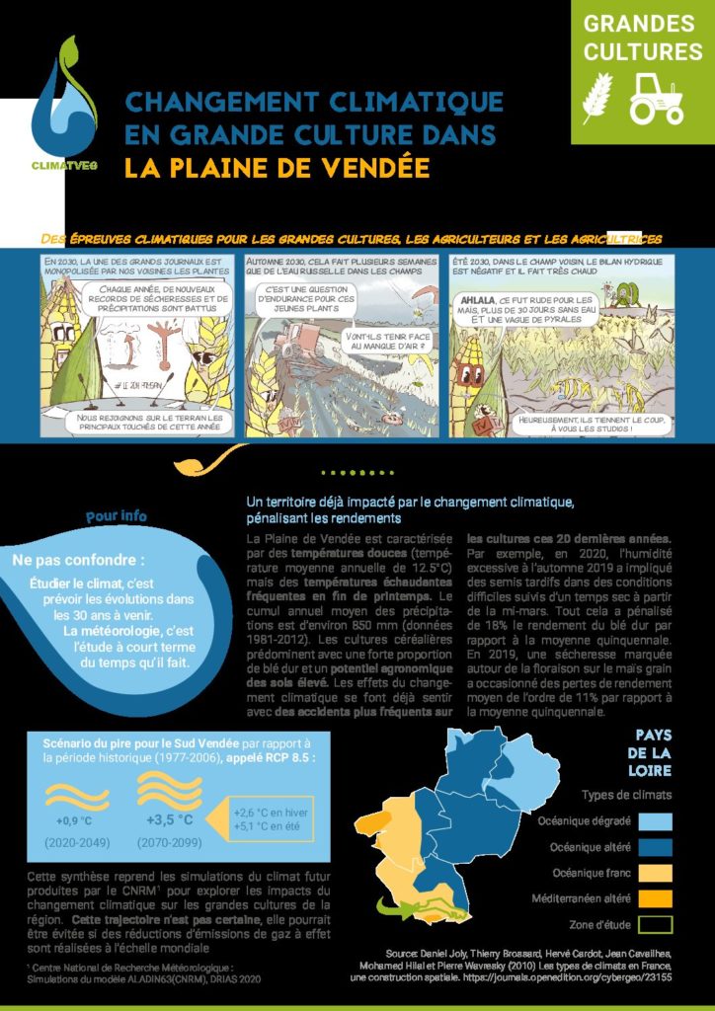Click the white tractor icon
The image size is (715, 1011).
click(x=657, y=98)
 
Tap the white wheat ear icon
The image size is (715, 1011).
click(x=598, y=98)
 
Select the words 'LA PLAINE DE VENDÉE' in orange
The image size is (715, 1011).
click(x=278, y=167)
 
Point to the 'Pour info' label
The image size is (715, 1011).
click(x=116, y=516)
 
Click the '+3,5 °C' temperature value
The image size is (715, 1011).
click(x=169, y=818)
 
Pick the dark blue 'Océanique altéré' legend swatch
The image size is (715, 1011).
click(x=655, y=847)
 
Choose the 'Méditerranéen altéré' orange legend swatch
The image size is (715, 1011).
click(x=655, y=898)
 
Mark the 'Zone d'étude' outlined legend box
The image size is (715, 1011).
click(x=655, y=924)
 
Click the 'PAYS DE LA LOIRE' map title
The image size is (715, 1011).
click(x=653, y=752)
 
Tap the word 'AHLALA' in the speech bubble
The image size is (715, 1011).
click(x=484, y=299)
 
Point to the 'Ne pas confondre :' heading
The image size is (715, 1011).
click(x=85, y=560)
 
